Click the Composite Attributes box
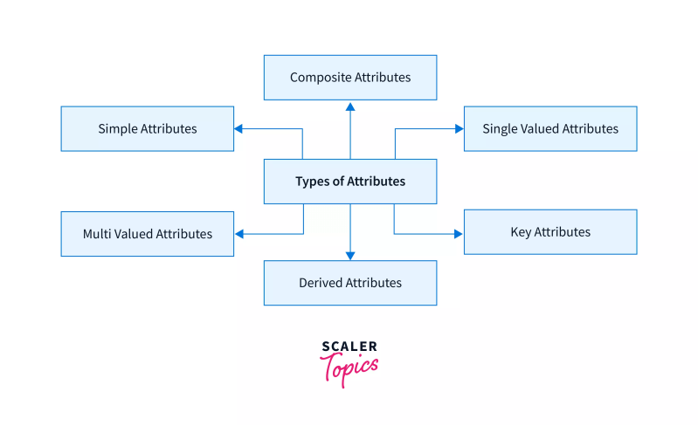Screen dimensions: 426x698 350,77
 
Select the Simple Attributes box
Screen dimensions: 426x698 147,128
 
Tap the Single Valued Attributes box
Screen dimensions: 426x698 550,128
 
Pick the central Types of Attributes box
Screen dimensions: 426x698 350,182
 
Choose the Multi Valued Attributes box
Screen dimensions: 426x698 147,234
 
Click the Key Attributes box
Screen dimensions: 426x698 550,232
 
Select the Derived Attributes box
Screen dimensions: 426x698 350,283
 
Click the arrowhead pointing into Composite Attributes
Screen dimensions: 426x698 350,106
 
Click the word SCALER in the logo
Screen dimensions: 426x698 349,347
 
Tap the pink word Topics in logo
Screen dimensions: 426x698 351,367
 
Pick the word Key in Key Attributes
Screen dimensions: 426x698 521,232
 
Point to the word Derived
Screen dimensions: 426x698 321,283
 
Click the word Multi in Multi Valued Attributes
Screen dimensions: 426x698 98,234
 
